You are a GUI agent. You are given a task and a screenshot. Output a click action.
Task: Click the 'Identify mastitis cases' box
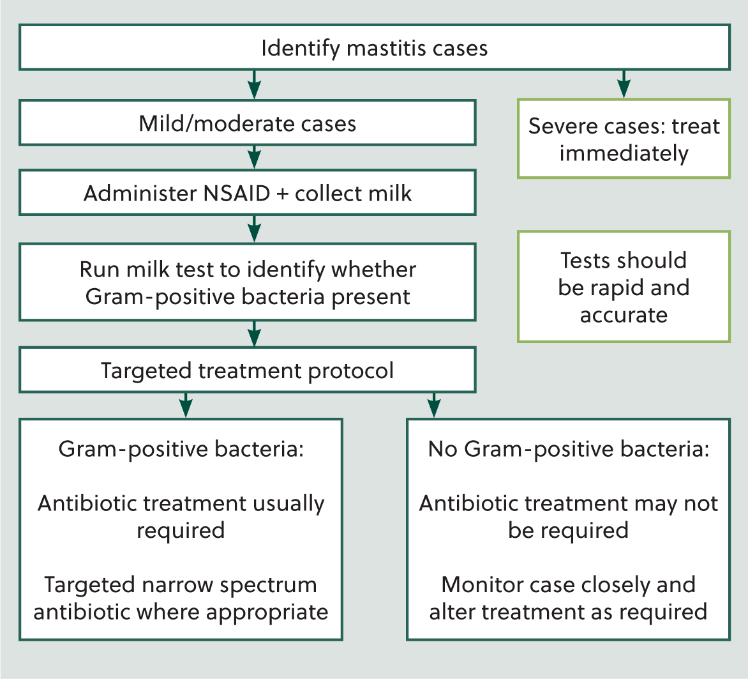point(375,47)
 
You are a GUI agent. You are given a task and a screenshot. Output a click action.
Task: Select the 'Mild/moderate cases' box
point(247,123)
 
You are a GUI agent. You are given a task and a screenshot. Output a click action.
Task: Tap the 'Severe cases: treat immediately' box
point(624,139)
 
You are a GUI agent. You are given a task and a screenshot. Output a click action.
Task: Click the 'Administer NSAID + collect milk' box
point(247,192)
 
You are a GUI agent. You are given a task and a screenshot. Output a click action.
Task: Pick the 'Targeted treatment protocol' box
point(247,370)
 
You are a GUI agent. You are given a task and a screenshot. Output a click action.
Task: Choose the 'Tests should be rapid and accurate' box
point(624,287)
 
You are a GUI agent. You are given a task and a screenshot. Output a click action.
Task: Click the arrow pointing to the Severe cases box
point(624,84)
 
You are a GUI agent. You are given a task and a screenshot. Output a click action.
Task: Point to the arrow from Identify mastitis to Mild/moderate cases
point(254,84)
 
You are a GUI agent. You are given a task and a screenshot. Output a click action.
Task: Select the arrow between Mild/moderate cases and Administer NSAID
point(254,157)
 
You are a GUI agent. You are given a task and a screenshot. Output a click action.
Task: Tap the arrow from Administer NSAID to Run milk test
point(254,229)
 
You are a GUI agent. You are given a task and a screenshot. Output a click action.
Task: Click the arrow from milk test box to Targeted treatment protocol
point(254,333)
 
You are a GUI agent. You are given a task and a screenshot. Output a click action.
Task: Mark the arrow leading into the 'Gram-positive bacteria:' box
point(186,406)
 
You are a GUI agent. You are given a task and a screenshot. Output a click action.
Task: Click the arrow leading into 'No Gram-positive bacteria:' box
point(433,406)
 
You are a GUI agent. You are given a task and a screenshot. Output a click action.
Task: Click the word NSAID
point(237,194)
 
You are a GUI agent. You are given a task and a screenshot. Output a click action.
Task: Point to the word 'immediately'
point(624,154)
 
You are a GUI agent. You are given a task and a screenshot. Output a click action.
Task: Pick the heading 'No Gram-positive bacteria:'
point(569,449)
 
